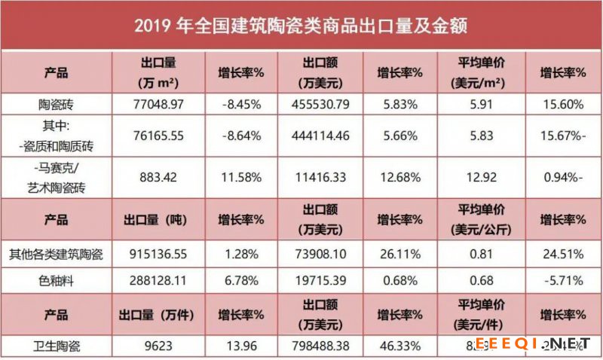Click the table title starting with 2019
pos(301,26)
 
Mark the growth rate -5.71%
pos(565,281)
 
